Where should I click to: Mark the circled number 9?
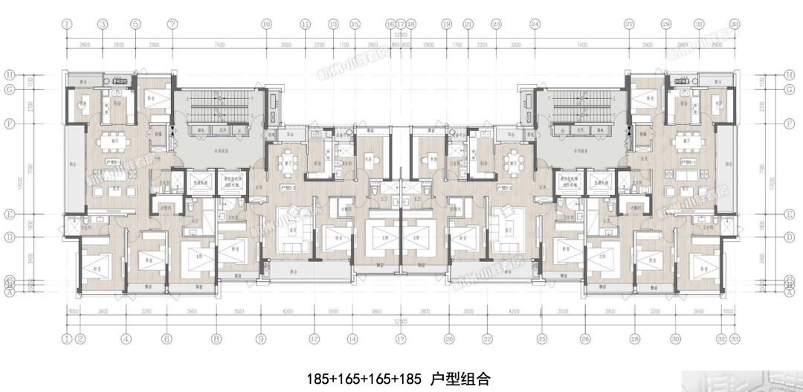pos(261,339)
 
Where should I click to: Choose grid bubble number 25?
pos(542,339)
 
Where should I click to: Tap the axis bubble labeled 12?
pos(315,339)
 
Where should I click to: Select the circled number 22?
pos(487,339)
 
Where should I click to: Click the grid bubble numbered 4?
pos(126,339)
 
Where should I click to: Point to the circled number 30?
pos(675,339)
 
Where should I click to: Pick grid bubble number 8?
pos(216,339)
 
